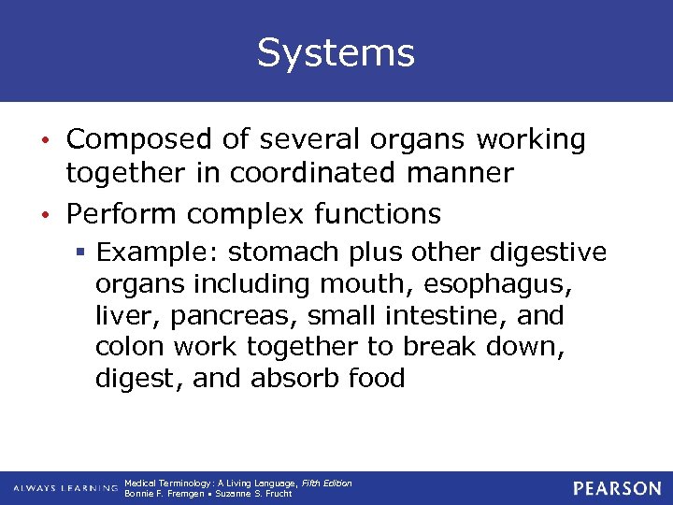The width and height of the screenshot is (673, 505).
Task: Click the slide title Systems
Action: click(336, 52)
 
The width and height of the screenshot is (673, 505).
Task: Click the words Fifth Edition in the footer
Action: click(327, 483)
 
